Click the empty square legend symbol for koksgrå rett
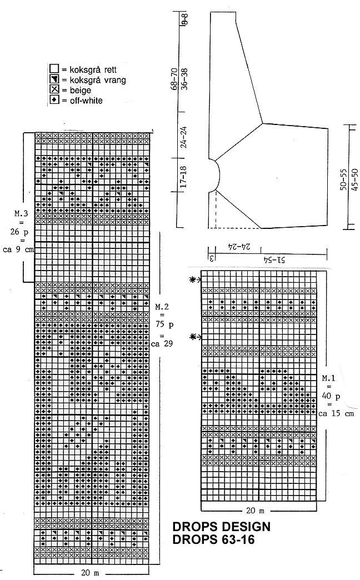pyautogui.click(x=54, y=69)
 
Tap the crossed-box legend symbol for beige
pyautogui.click(x=54, y=90)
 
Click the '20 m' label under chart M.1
pyautogui.click(x=258, y=509)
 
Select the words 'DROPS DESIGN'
pyautogui.click(x=221, y=527)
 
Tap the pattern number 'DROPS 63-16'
pyautogui.click(x=213, y=539)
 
